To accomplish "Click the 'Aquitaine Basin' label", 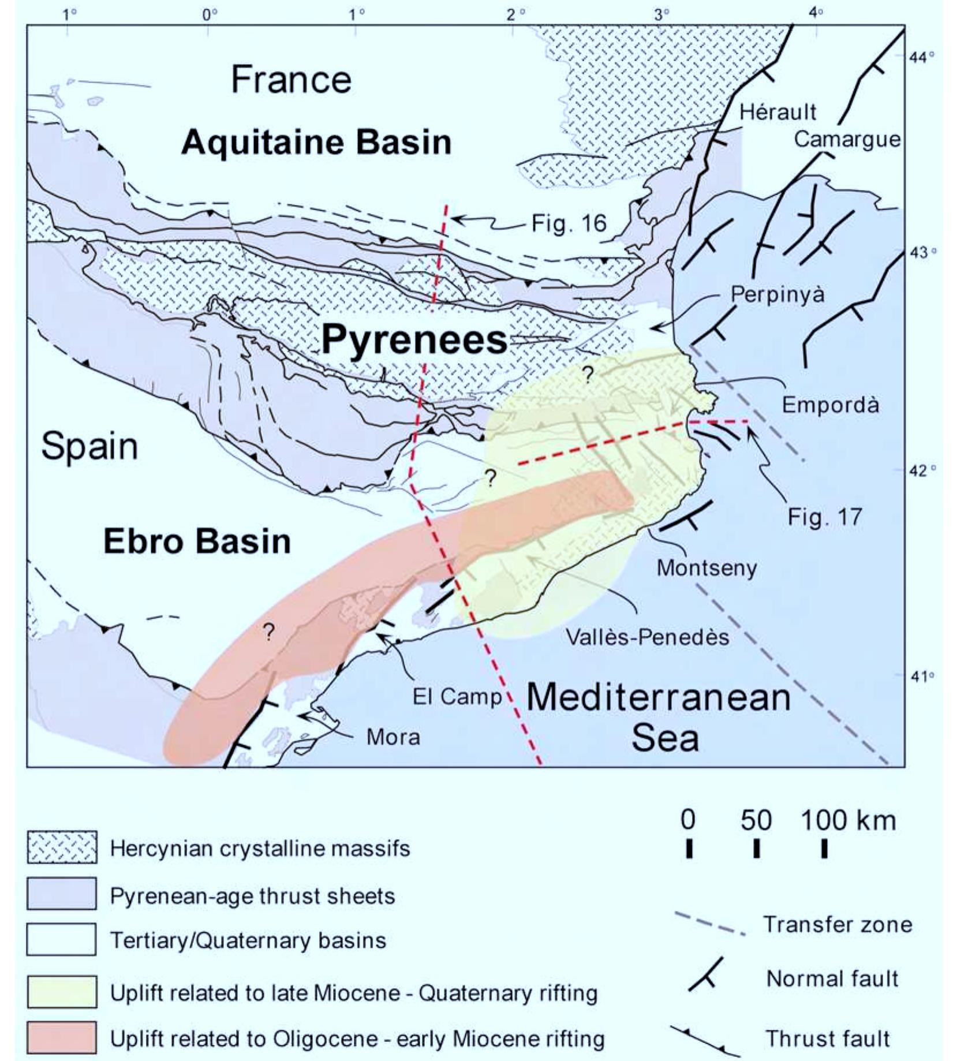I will click(316, 142).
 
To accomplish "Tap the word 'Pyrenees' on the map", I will click(414, 339).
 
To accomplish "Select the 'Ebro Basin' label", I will click(197, 541).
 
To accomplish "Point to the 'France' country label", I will click(291, 80).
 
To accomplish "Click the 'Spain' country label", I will click(89, 446).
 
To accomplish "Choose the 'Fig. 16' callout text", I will click(569, 223).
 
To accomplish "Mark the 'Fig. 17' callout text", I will click(824, 517).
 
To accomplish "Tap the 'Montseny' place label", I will click(707, 568).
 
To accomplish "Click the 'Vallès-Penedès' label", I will click(647, 637).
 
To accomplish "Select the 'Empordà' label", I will click(830, 405).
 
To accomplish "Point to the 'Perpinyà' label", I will click(778, 294).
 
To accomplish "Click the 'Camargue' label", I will click(847, 139).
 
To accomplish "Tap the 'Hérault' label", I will click(778, 112).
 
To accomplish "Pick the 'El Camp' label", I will click(457, 697).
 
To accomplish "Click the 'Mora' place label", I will click(393, 737).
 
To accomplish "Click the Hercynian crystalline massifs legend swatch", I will click(62, 847).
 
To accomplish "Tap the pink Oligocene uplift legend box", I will click(62, 1038).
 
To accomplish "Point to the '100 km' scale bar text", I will click(848, 820).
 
